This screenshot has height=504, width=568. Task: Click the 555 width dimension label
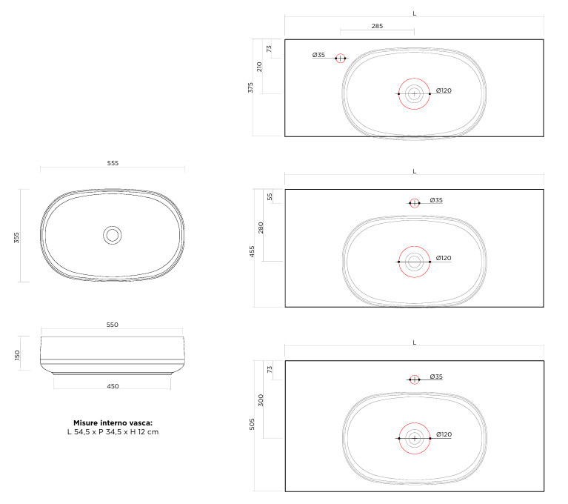[x=113, y=163]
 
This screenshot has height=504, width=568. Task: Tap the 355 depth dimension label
[x=17, y=237]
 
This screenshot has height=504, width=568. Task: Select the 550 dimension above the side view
[x=113, y=325]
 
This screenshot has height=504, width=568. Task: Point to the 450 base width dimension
[x=113, y=386]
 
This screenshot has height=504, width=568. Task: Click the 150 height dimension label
[x=17, y=355]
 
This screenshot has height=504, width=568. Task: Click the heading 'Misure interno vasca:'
[x=113, y=422]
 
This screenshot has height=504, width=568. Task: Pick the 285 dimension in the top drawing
[x=377, y=26]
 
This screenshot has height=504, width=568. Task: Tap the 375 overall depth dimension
[x=250, y=87]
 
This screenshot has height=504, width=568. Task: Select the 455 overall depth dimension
[x=252, y=251]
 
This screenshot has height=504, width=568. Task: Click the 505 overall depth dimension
[x=252, y=424]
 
